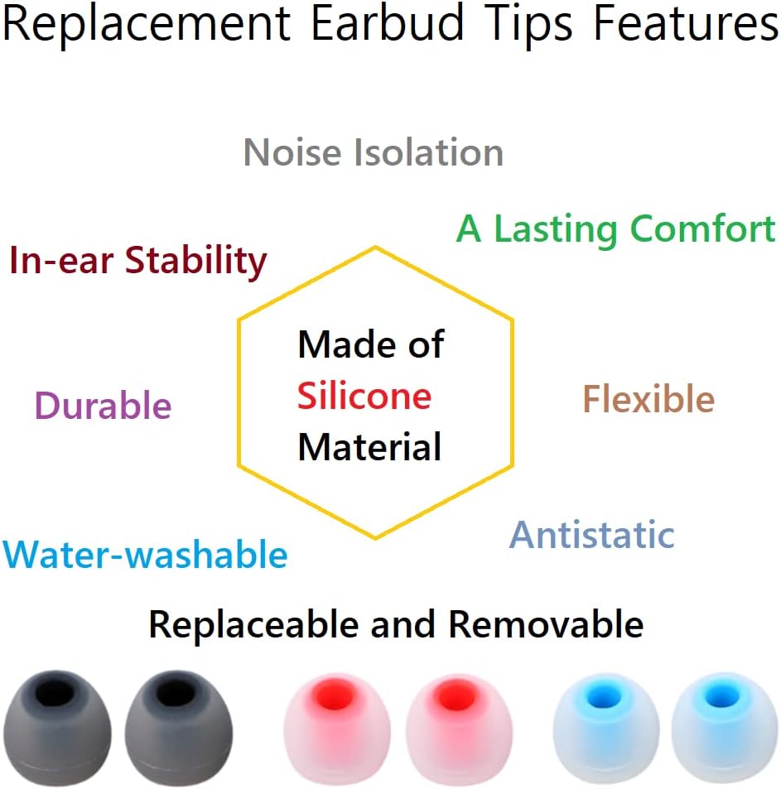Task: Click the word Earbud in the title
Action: coord(387,25)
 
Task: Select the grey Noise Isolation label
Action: coord(374,153)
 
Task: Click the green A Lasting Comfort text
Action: coord(616,229)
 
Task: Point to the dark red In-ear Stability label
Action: coord(138,262)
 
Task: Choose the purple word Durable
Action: coord(103,407)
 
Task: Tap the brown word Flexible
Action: coord(648,400)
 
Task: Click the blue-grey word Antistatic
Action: coord(591,535)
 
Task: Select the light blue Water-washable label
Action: coord(146,555)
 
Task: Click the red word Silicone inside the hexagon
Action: coord(364,397)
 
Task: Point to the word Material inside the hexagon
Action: coord(369,448)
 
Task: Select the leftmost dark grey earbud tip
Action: coord(57,729)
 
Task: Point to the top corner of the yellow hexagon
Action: coord(375,246)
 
